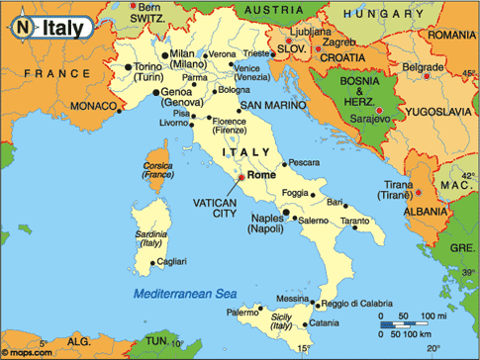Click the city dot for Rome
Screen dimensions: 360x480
[239, 178]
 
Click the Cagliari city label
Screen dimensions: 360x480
[172, 261]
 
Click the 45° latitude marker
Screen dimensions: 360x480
[466, 72]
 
